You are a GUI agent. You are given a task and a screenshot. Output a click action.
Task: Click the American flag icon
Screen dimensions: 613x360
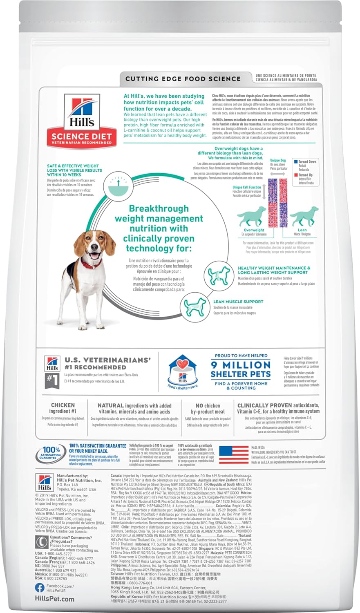pyautogui.click(x=234, y=454)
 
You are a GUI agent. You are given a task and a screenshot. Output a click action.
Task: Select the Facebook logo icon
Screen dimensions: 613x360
pyautogui.click(x=40, y=588)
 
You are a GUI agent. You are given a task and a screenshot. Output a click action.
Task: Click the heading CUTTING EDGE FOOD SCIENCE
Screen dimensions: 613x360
pyautogui.click(x=183, y=79)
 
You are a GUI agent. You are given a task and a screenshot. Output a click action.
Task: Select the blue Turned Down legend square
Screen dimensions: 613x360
pyautogui.click(x=295, y=162)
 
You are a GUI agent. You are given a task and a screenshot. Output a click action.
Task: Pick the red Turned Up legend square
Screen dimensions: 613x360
pyautogui.click(x=295, y=175)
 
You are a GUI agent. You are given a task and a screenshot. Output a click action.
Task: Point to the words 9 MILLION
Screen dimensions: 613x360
pyautogui.click(x=241, y=365)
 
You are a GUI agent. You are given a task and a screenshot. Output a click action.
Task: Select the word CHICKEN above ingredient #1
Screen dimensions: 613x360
pyautogui.click(x=63, y=405)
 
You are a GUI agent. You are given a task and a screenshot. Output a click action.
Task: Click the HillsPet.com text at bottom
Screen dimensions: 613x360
pyautogui.click(x=55, y=599)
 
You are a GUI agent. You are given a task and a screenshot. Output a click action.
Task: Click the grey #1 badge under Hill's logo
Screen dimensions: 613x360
pyautogui.click(x=51, y=378)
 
